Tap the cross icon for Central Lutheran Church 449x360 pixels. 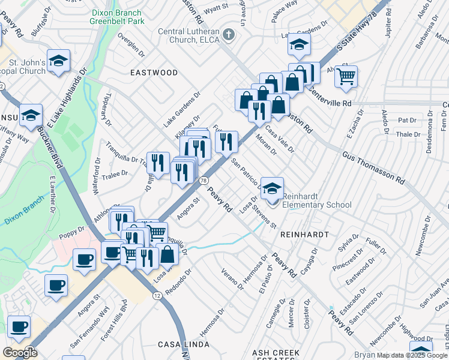tap(228, 35)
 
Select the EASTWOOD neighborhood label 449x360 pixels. tap(154, 73)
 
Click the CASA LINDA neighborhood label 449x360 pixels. tap(184, 345)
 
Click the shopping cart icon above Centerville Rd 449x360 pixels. tap(346, 76)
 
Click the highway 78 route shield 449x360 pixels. tap(204, 180)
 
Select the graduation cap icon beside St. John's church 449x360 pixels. tap(58, 60)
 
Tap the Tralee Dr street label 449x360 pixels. tap(116, 174)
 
